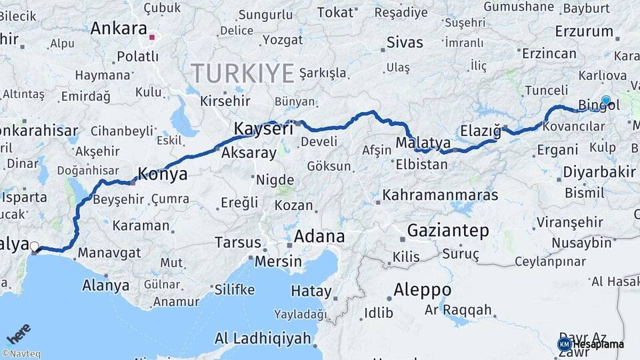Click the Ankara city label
coord(118,29)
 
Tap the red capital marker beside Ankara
coord(152,37)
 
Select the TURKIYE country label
coord(243,73)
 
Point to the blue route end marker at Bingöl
coord(605,101)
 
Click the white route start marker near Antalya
coord(34,245)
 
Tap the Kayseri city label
coord(263,129)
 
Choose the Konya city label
coord(162,175)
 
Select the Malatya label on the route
coord(423,143)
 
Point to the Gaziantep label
coord(448,231)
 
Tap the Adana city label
coord(319,236)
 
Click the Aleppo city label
coord(422,290)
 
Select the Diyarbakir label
coord(599,172)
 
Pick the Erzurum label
coord(583,31)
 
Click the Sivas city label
coord(405,43)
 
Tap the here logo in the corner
coord(19,333)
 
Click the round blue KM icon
coord(564,344)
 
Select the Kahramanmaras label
coord(440,195)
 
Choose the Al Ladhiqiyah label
coord(263,339)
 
